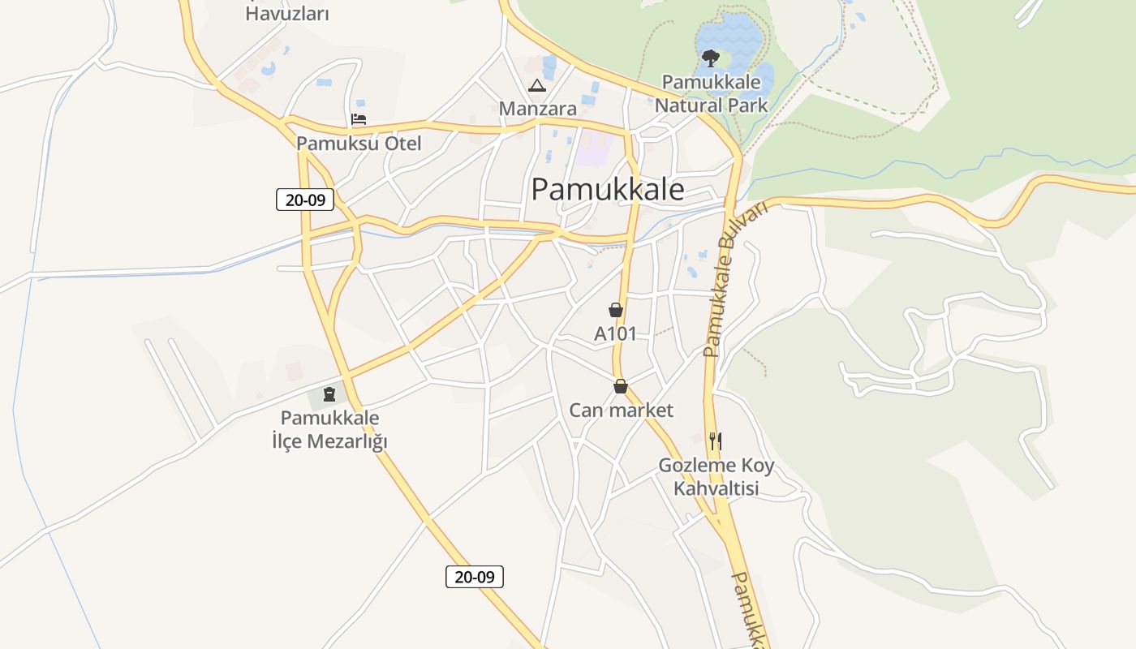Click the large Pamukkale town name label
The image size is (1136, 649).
coord(608,190)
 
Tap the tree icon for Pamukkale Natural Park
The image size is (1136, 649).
coord(711,58)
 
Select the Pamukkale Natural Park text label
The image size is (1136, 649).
coord(711,93)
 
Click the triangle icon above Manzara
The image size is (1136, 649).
coord(537,85)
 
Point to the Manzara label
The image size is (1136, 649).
coord(537,109)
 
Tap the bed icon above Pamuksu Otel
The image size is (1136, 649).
coord(359,119)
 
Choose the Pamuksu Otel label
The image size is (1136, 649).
coord(359,144)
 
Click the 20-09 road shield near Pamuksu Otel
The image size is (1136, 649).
coord(305,200)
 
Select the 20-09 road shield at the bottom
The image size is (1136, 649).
coord(475,577)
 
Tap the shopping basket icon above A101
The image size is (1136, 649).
coord(616,310)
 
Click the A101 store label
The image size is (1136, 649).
coord(616,333)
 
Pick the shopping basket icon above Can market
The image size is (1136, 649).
coord(621,386)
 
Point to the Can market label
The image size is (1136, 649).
coord(621,410)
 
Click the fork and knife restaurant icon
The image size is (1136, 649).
coord(715,441)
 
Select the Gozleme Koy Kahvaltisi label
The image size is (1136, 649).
coord(716,477)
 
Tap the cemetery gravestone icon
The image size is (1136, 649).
coord(329,394)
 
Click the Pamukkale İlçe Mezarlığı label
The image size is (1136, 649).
coord(329,430)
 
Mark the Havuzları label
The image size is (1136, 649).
coord(287,14)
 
